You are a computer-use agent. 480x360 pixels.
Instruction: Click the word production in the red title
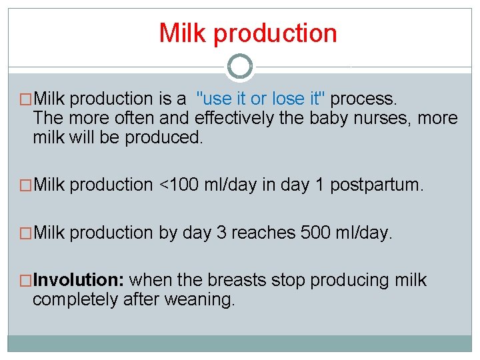(275, 33)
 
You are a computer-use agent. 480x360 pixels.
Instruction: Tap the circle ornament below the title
(240, 67)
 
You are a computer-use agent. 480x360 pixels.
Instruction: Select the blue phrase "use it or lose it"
(261, 99)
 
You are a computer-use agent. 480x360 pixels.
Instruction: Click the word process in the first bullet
(363, 99)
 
